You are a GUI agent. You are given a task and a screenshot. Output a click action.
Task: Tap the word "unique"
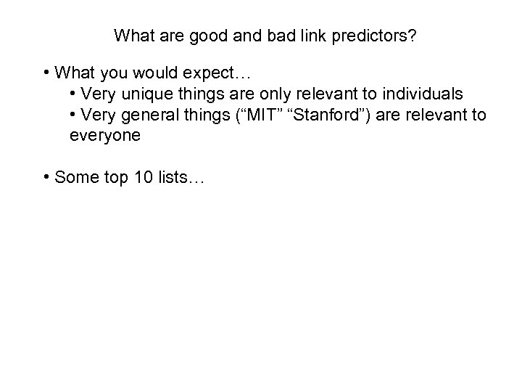point(144,94)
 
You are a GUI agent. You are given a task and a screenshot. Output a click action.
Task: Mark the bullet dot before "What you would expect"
point(46,74)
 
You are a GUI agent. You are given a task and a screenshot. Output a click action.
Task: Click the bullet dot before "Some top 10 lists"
point(46,176)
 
